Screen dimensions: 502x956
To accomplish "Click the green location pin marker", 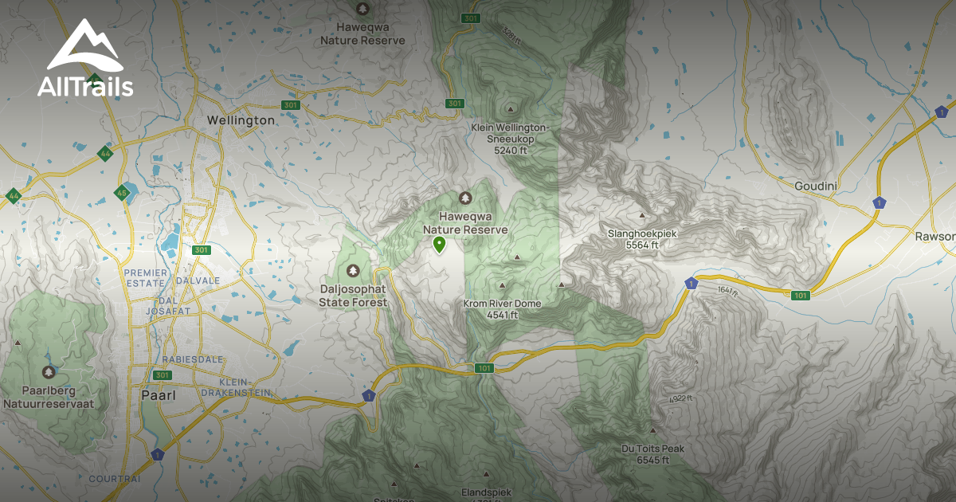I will click(x=438, y=245).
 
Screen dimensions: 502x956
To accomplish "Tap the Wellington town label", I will click(x=241, y=120).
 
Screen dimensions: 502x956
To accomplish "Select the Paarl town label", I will click(x=158, y=394).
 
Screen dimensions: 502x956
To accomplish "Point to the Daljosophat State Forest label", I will click(x=353, y=296).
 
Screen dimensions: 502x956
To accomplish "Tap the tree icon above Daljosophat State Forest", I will click(x=353, y=271).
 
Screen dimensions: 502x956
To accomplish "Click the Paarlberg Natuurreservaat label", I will click(x=49, y=398).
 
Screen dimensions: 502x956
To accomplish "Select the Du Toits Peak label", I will click(x=652, y=454).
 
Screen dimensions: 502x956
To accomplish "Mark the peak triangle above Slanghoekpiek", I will click(x=641, y=214).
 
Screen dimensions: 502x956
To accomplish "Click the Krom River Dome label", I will click(x=502, y=309).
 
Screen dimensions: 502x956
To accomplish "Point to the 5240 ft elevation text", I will click(x=511, y=150).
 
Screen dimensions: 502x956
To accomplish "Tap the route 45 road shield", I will click(x=122, y=193).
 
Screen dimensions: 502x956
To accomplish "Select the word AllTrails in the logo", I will click(x=85, y=86).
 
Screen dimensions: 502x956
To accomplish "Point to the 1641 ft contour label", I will click(x=727, y=290).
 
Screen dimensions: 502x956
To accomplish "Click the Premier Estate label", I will click(x=146, y=278).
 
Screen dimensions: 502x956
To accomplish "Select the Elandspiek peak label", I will click(x=486, y=492).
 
